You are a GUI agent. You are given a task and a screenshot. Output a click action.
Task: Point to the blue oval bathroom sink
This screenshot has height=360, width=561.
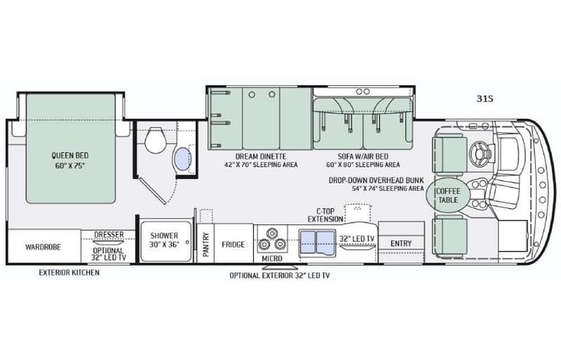(183, 160)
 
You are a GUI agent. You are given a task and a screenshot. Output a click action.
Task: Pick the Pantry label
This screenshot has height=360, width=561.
(206, 245)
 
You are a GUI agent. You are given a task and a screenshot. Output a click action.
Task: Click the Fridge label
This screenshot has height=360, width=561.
(233, 245)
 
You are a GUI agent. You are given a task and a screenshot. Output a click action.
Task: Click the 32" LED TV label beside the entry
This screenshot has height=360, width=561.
(357, 239)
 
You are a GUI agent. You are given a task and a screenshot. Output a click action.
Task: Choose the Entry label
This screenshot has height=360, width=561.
(401, 244)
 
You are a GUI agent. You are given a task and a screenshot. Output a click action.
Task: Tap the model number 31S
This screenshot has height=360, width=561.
(484, 97)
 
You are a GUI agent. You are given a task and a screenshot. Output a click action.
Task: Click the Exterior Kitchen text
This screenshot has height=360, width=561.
(70, 272)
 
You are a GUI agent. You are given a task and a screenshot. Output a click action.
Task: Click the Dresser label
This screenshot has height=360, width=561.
(109, 236)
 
